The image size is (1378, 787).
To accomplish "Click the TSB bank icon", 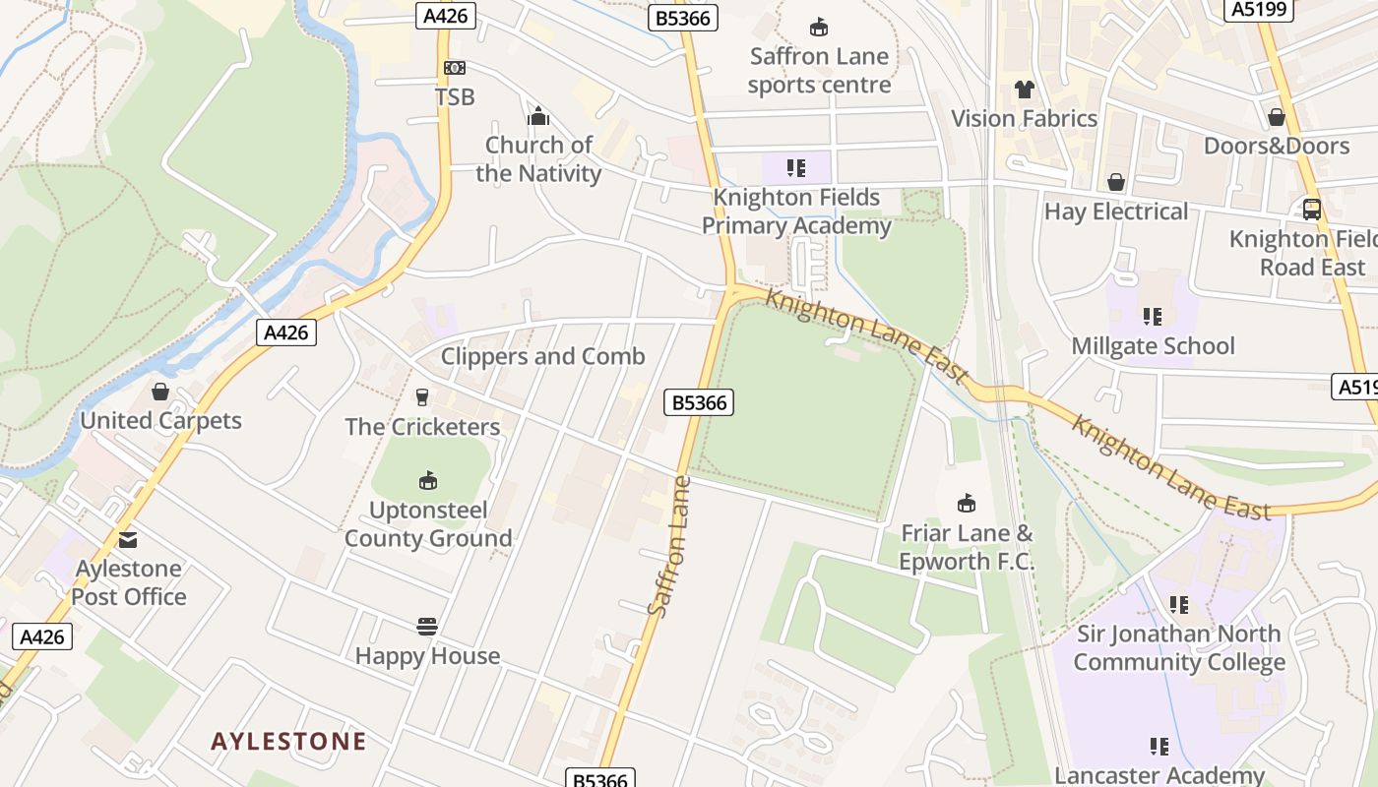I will (454, 68).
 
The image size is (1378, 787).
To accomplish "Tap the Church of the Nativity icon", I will (538, 117).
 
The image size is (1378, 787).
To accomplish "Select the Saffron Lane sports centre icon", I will (818, 27).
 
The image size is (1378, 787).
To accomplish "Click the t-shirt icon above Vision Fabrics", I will (1024, 90).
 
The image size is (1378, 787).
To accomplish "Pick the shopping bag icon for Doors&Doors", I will (1277, 117).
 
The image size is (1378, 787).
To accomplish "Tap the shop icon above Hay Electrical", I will (1116, 182).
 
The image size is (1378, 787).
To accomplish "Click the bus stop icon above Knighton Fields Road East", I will (1312, 210).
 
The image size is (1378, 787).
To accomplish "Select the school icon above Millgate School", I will (1153, 317).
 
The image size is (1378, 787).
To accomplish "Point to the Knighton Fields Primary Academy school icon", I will (796, 168).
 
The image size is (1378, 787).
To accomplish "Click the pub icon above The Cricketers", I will (422, 396).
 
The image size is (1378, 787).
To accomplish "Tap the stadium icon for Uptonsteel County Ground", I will (427, 481).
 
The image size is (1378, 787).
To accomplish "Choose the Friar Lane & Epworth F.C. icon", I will (967, 504).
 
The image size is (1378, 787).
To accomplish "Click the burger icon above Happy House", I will (427, 627).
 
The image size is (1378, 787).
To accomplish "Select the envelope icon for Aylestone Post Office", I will (128, 539).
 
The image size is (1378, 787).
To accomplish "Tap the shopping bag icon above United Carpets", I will (160, 392).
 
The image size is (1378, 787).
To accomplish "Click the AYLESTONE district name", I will (288, 741).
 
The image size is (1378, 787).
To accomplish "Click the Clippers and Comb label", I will (542, 356).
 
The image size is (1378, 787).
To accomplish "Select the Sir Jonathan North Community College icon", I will (1178, 605).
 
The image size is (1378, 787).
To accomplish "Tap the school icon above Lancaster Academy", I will (1159, 747).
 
